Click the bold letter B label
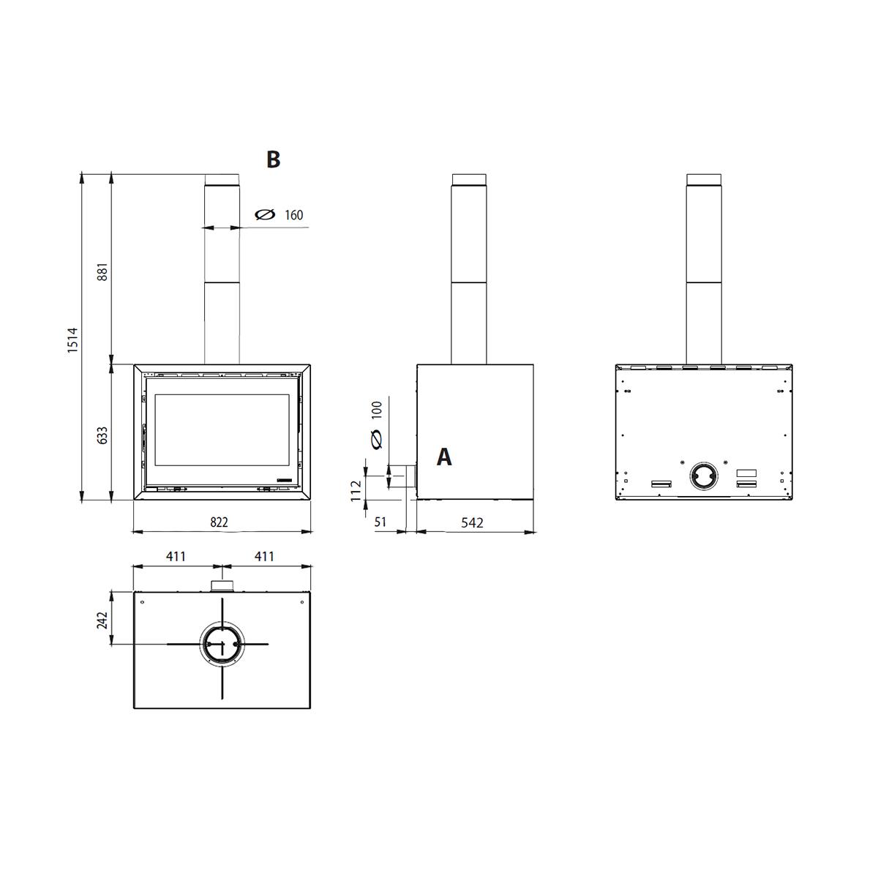click(x=273, y=160)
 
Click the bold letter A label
click(x=444, y=457)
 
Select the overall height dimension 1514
click(x=73, y=340)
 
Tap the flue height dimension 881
click(x=103, y=271)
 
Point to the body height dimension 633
click(x=103, y=435)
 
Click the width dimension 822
click(x=219, y=522)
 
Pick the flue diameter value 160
click(x=294, y=215)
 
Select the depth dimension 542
click(x=472, y=522)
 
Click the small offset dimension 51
click(x=380, y=522)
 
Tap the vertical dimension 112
click(x=356, y=491)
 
